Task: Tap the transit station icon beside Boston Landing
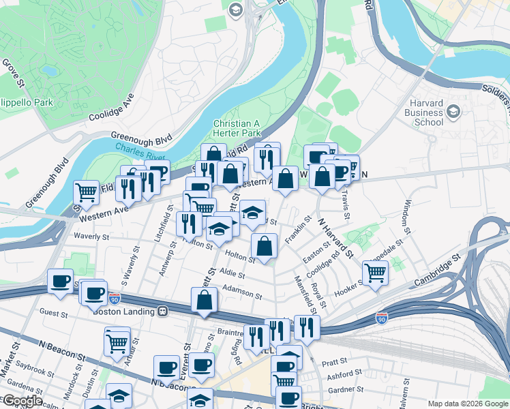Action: (162, 312)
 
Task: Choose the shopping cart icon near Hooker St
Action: (375, 273)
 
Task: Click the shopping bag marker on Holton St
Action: (264, 245)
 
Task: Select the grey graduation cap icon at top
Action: (236, 9)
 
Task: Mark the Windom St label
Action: (408, 217)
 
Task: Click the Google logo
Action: (22, 401)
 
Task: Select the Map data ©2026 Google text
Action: (467, 404)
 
